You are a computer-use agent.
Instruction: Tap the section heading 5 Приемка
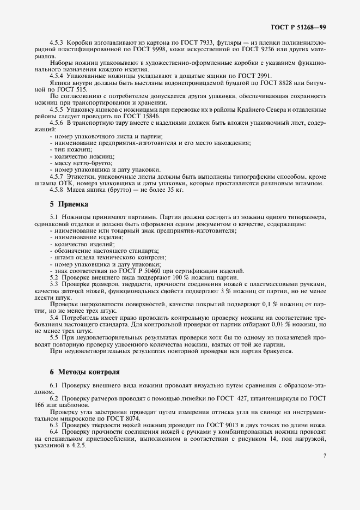coord(70,204)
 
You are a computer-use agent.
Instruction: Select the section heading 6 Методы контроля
coord(84,372)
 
